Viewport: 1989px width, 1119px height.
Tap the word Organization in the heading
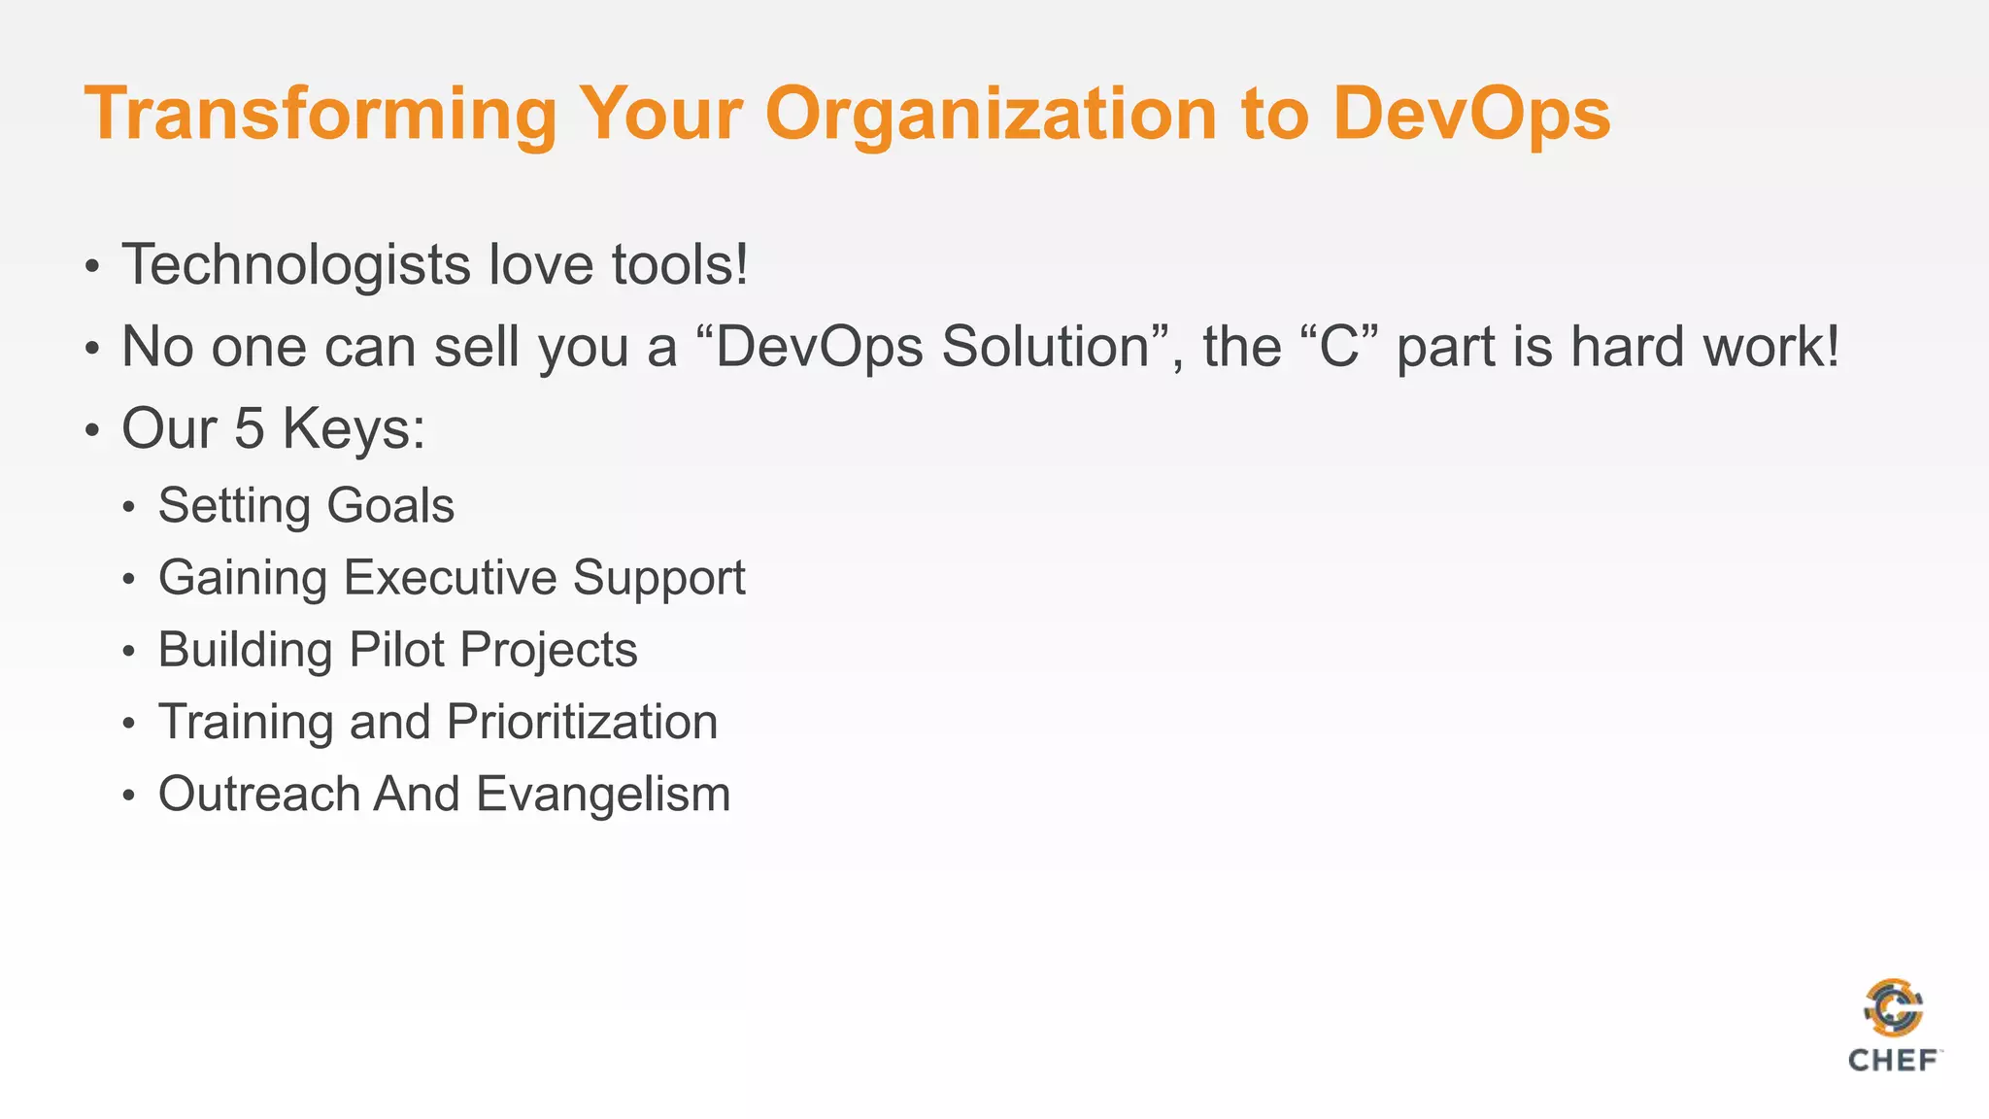coord(991,115)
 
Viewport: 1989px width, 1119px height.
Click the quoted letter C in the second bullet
coord(1339,347)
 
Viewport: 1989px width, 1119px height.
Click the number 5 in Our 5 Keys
coord(250,428)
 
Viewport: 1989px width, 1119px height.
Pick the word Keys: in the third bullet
coord(354,428)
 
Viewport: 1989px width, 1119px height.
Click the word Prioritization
coord(582,722)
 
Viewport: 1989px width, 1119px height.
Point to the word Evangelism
coord(603,794)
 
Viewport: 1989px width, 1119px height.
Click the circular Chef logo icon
coord(1893,1008)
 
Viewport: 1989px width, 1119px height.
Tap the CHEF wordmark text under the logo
coord(1893,1061)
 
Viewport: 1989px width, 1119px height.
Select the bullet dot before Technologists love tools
coord(92,267)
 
